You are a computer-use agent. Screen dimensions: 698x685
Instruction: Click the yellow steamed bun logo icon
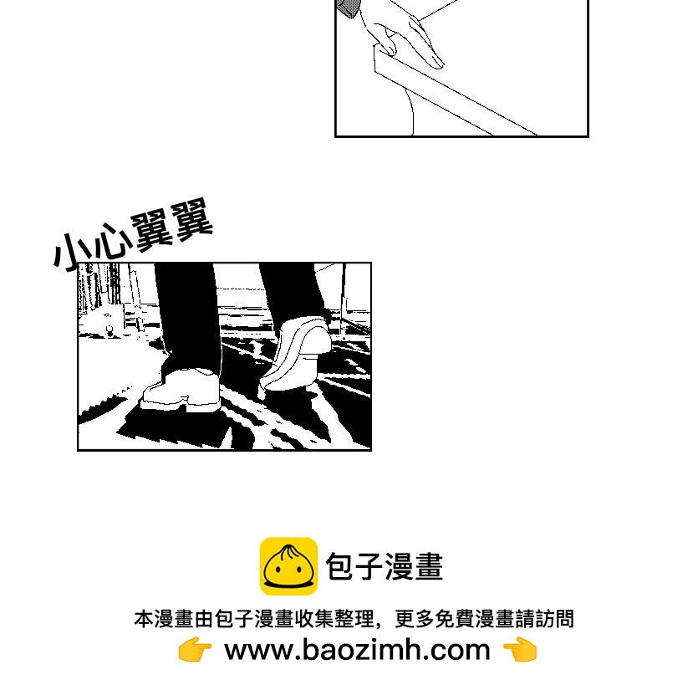pos(288,566)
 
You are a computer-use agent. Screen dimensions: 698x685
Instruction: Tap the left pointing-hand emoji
pos(195,650)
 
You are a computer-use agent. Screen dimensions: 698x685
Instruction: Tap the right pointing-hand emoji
pos(520,650)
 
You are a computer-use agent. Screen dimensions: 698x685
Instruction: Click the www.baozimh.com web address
pos(357,650)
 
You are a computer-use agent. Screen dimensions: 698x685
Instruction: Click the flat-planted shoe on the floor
pos(181,390)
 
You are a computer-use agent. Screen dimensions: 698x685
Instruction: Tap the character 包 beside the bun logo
pos(340,566)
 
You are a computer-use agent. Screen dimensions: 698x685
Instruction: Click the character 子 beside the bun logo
pos(369,566)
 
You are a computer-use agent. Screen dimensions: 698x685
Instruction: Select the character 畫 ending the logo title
pos(428,566)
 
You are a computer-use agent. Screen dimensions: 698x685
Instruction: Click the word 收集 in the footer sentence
pos(313,619)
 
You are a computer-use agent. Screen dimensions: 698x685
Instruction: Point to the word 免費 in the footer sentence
pos(455,619)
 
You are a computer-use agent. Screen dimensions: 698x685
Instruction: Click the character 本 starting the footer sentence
pos(144,619)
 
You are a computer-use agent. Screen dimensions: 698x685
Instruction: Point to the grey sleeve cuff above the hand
pos(348,8)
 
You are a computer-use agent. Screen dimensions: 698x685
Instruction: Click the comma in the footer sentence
pos(379,625)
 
